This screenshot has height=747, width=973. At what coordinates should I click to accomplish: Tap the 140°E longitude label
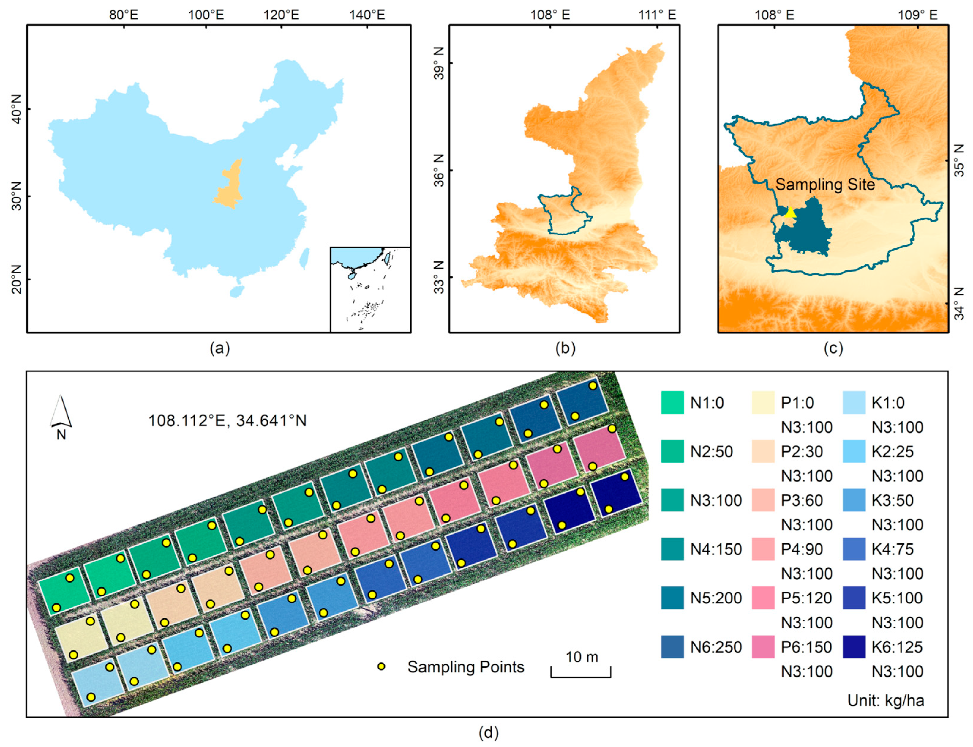coord(367,15)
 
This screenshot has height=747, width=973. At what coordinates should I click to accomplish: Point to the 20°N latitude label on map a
coord(16,279)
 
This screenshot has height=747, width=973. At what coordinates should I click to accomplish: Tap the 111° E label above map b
coord(657,15)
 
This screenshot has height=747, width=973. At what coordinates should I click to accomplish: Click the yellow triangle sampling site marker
coord(790,212)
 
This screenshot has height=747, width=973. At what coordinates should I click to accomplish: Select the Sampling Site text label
coord(825,185)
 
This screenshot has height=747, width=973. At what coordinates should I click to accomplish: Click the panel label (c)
coord(833,348)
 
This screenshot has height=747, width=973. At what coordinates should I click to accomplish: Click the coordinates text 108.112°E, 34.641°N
coord(227,421)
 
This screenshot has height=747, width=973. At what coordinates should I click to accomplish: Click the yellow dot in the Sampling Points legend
coord(381,666)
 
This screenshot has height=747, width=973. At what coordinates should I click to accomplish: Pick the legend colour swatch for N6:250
coord(672,647)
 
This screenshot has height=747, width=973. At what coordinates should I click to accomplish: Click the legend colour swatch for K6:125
coord(853,647)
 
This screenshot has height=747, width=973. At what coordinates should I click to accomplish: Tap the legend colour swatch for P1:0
coord(763,402)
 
